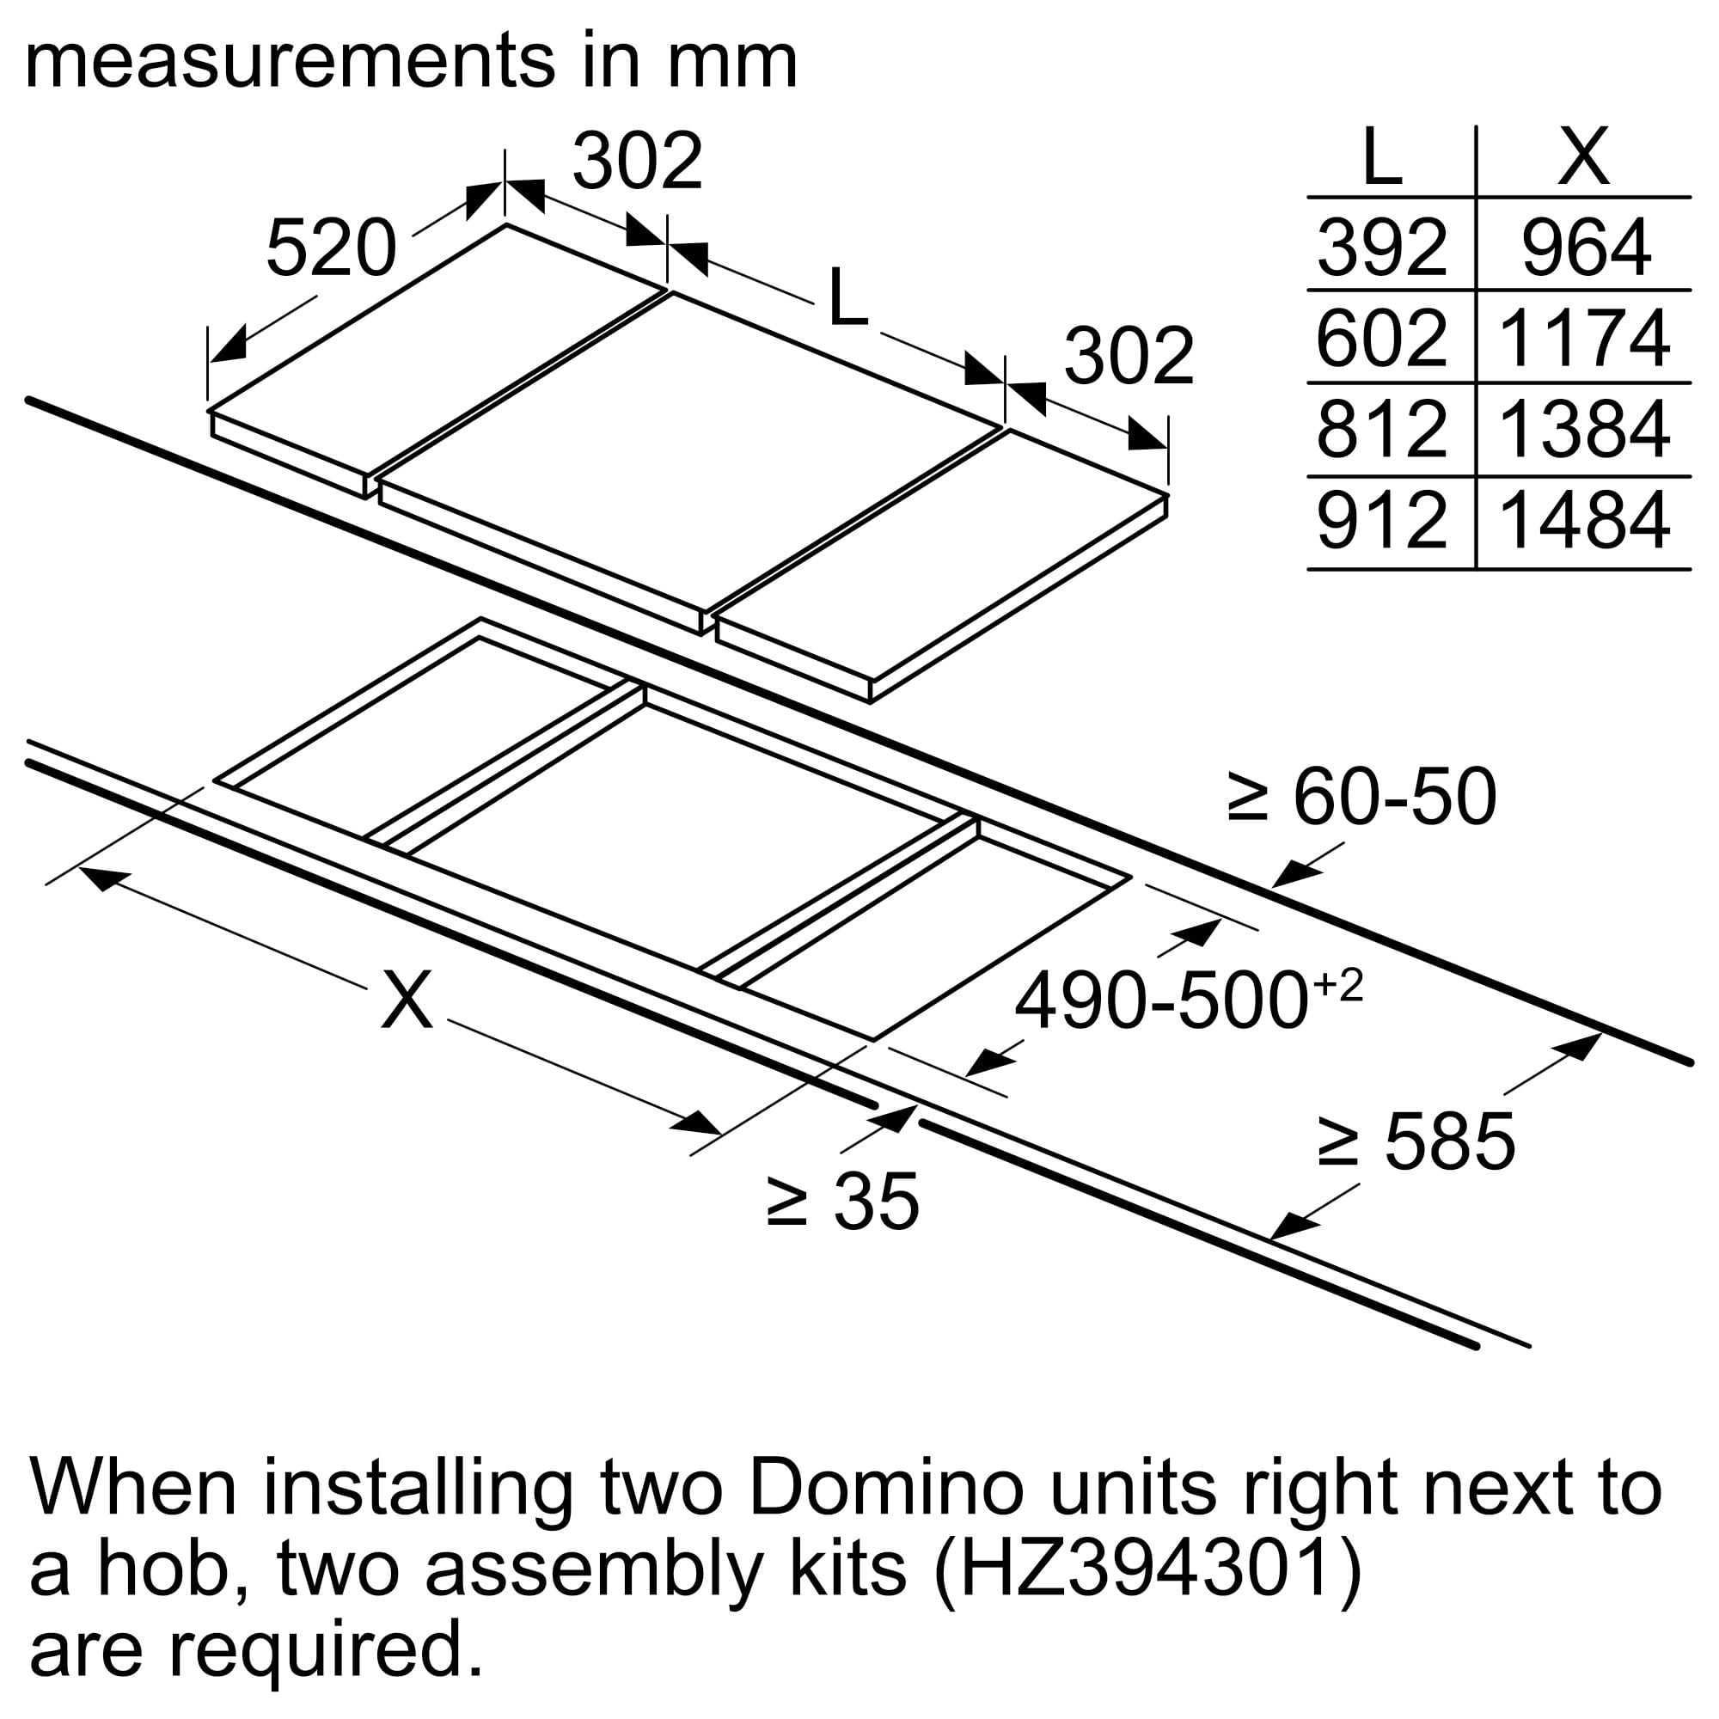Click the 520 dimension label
pyautogui.click(x=331, y=248)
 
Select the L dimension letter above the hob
pyautogui.click(x=847, y=297)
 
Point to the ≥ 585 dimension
pyautogui.click(x=1416, y=1141)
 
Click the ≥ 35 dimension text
pyautogui.click(x=841, y=1202)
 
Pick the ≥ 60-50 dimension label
pyautogui.click(x=1361, y=798)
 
